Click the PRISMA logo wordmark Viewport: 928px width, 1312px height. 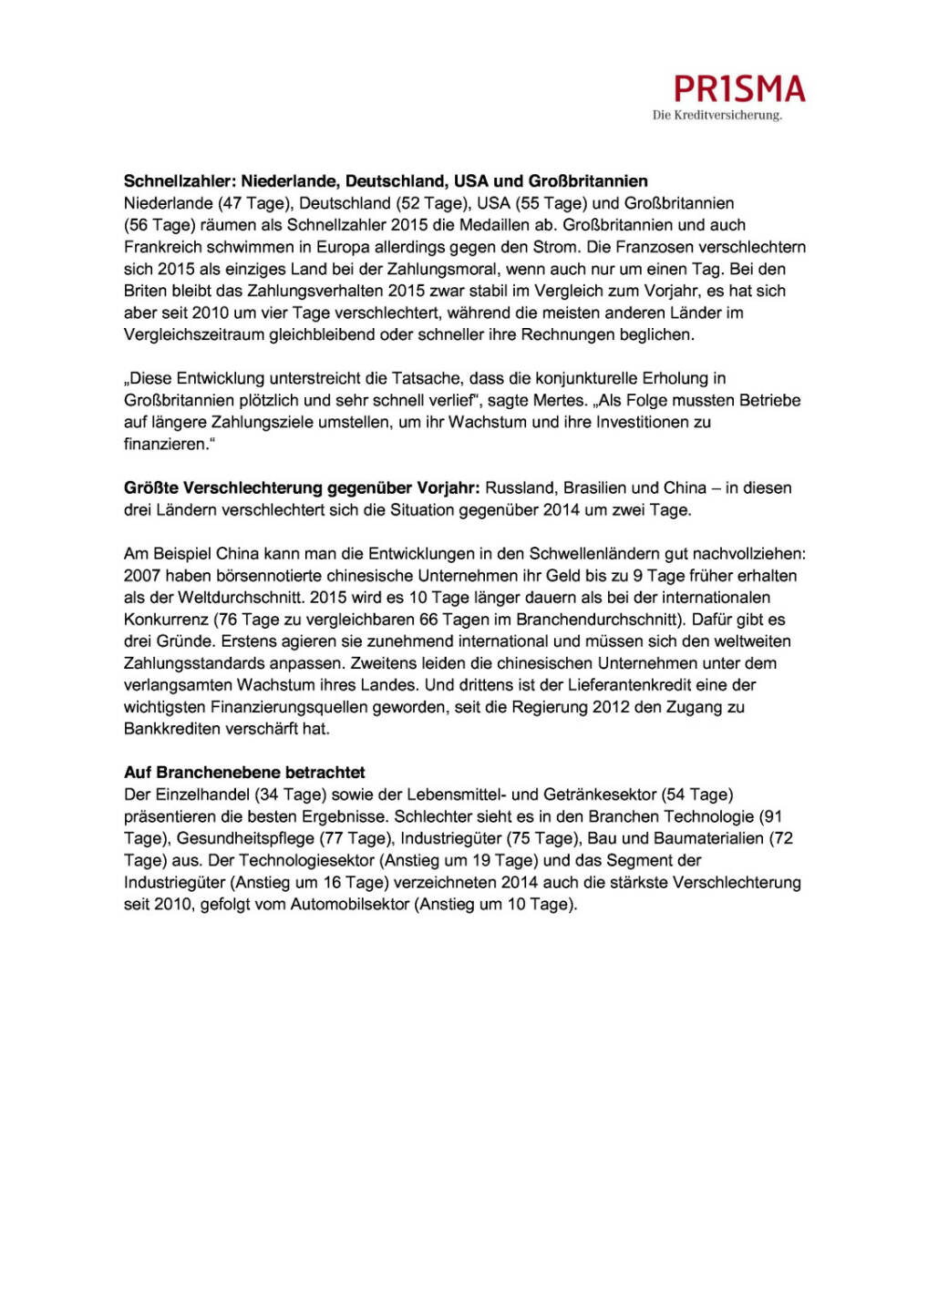click(x=739, y=89)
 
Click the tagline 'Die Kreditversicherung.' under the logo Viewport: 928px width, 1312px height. click(x=717, y=116)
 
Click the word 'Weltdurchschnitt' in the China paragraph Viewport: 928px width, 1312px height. click(x=244, y=597)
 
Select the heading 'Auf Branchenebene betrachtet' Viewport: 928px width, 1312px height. click(x=244, y=772)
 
